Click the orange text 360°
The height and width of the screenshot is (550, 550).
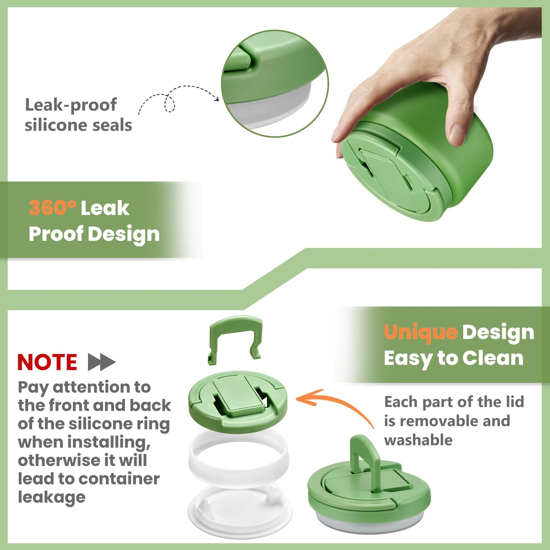tap(53, 208)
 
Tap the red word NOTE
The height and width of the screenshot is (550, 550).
tap(47, 362)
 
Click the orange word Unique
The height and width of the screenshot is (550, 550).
tap(421, 332)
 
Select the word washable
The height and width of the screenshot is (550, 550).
tap(418, 440)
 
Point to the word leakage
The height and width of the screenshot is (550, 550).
tap(52, 497)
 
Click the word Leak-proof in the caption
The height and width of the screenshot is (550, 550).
tap(71, 105)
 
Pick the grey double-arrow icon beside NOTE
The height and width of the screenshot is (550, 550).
tap(102, 362)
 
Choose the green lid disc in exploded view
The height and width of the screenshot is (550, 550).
tap(238, 402)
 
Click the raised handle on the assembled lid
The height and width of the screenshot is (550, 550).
tap(363, 453)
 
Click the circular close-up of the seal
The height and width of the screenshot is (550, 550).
tap(274, 84)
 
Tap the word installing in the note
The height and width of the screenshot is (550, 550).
tap(109, 442)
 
